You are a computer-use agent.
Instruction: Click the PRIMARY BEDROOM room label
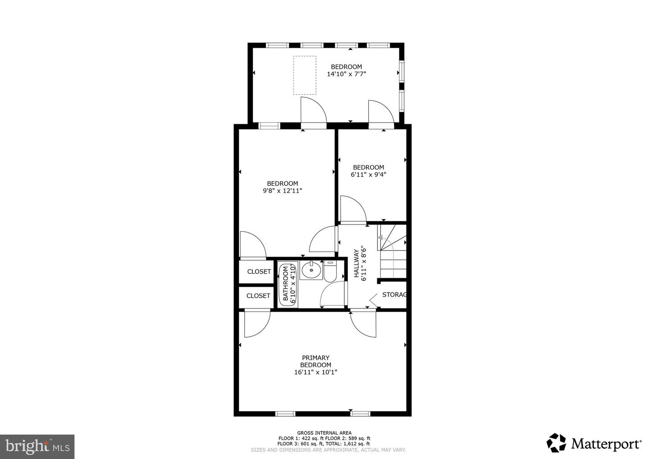tap(315, 361)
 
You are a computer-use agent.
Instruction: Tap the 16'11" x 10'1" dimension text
tap(315, 372)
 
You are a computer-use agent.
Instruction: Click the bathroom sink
tap(311, 271)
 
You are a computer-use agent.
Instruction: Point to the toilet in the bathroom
tap(330, 272)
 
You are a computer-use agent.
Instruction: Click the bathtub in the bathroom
tap(285, 285)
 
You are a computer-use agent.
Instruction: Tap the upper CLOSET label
tap(259, 272)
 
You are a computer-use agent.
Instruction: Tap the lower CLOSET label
tap(258, 296)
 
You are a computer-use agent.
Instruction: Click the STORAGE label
tap(394, 295)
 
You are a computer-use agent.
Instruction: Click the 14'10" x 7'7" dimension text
tap(346, 74)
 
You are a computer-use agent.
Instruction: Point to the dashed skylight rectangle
tap(305, 75)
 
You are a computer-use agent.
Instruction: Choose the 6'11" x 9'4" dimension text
tap(368, 174)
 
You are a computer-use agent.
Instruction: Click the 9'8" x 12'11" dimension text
tap(282, 191)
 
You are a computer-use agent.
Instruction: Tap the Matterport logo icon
tap(556, 443)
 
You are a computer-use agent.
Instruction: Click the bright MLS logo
tap(37, 446)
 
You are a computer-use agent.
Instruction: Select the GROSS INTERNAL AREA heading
tap(324, 433)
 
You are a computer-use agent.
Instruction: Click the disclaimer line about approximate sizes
tap(328, 450)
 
